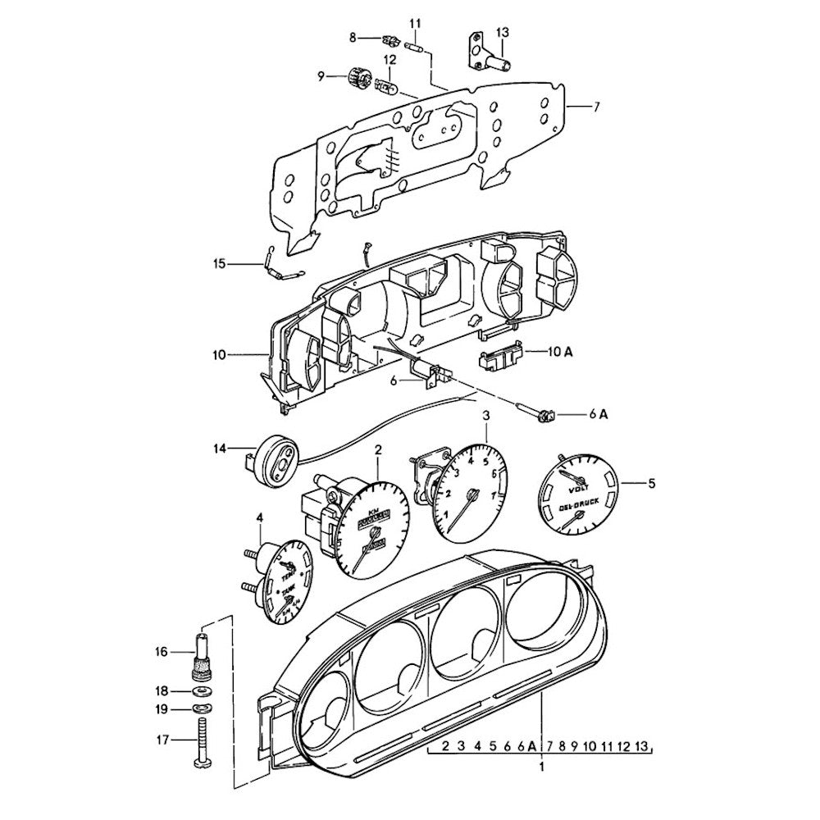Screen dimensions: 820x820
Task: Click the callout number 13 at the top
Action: (503, 32)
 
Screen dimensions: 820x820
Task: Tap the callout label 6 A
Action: (598, 415)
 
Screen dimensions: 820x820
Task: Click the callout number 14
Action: (219, 449)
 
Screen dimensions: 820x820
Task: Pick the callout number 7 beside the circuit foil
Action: (597, 107)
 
